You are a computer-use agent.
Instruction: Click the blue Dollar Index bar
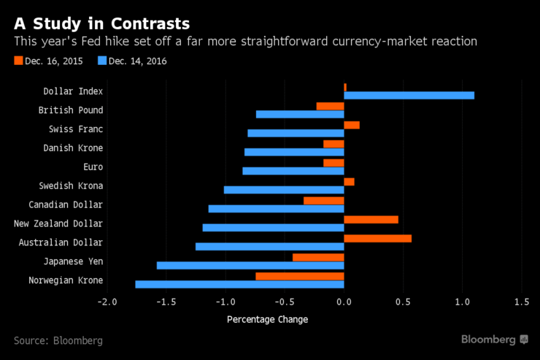point(409,96)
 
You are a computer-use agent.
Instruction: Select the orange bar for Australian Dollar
point(377,238)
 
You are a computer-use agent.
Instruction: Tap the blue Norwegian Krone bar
point(239,284)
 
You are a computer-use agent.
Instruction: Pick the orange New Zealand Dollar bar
point(371,219)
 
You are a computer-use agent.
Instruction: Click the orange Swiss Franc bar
point(352,125)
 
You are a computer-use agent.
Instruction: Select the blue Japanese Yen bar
point(250,265)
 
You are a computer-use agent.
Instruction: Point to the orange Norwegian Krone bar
point(300,276)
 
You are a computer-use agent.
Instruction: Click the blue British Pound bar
point(300,115)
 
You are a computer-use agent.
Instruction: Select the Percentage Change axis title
point(267,319)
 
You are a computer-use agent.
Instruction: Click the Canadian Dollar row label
point(66,205)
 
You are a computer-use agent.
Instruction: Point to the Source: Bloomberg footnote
point(58,340)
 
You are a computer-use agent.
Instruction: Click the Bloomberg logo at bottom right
point(494,340)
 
